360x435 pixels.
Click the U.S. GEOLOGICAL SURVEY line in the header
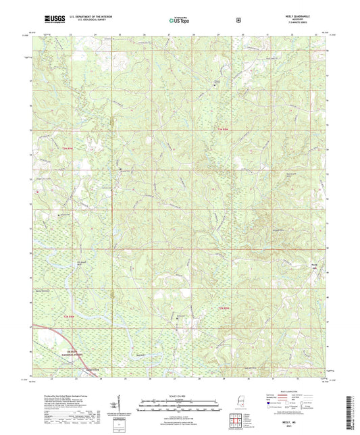76,21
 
